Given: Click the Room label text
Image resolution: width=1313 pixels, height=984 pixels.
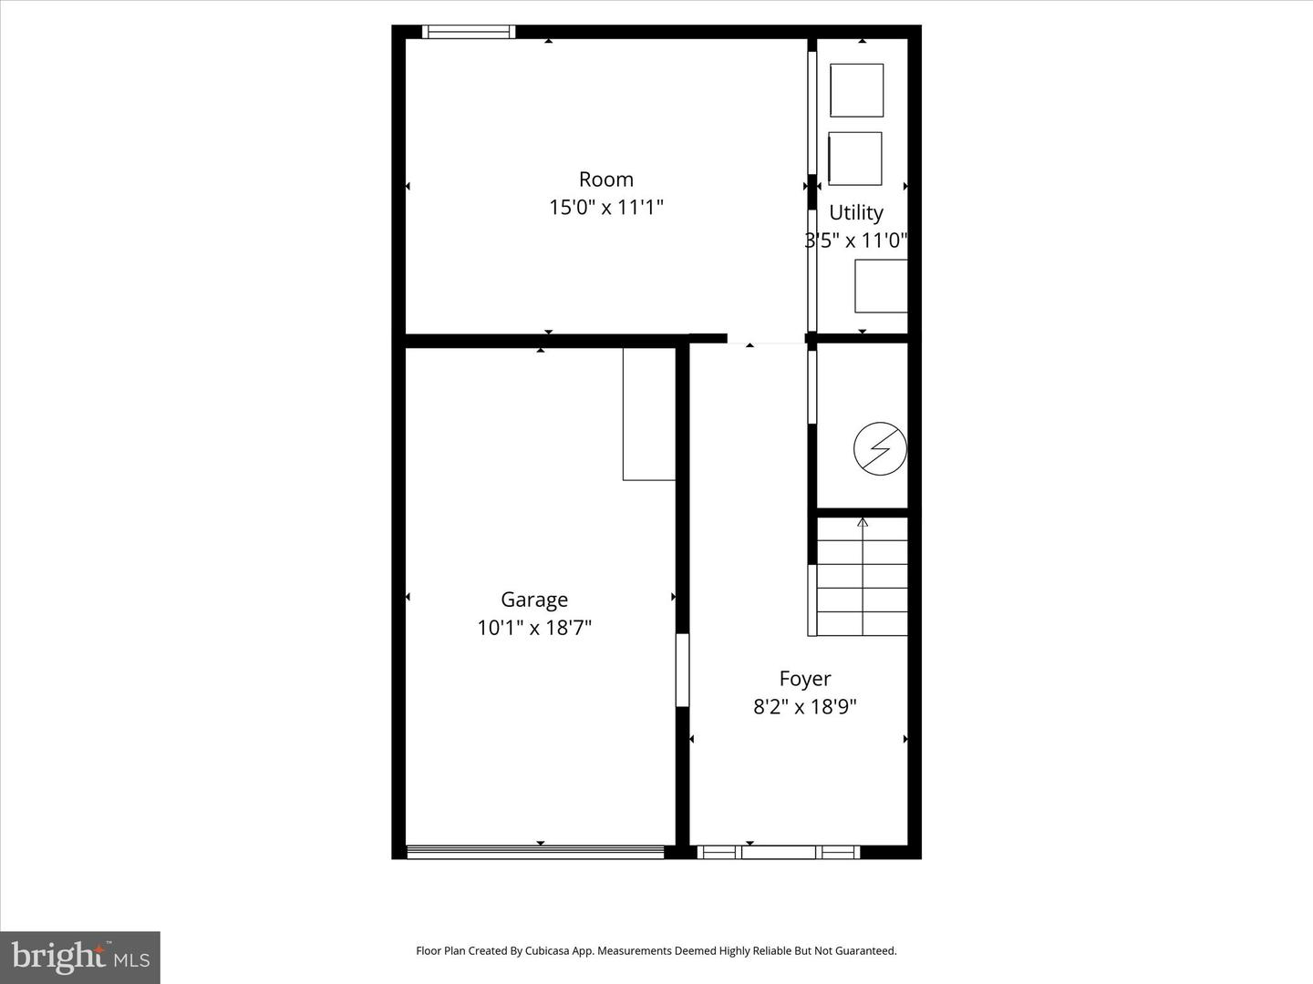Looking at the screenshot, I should click(x=605, y=179).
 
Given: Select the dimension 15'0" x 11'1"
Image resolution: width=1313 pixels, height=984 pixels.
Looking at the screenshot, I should click(x=605, y=208).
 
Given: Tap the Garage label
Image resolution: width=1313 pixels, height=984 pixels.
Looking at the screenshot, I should click(x=534, y=600).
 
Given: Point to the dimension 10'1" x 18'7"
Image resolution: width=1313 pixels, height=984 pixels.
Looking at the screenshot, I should click(x=534, y=628).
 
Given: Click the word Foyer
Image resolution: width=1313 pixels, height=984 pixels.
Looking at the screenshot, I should click(x=805, y=679).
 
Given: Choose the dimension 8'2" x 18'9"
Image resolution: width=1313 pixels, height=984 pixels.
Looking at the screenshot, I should click(x=805, y=707).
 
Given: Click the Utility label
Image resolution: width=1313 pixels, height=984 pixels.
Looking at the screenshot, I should click(x=856, y=212).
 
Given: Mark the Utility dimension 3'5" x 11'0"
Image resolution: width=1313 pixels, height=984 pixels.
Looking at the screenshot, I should click(x=856, y=241).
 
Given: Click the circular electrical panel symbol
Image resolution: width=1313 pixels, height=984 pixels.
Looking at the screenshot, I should click(x=880, y=448).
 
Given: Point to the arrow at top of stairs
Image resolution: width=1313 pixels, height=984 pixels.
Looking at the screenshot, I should click(x=863, y=523).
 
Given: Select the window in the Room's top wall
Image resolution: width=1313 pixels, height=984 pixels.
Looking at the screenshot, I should click(x=470, y=32).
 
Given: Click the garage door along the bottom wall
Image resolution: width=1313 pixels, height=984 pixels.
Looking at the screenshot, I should click(x=535, y=853).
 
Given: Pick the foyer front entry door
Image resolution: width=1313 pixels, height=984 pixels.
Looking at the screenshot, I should click(x=779, y=853).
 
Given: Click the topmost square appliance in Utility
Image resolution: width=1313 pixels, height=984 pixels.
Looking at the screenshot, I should click(x=857, y=90).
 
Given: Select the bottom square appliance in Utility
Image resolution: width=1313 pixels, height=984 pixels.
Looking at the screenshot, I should click(x=881, y=286).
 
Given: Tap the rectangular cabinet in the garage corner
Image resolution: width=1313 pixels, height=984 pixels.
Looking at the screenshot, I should click(x=649, y=413).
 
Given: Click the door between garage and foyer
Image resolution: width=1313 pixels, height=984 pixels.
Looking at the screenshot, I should click(x=682, y=670).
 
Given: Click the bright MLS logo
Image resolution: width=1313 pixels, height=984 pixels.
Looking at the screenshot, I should click(x=80, y=957).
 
